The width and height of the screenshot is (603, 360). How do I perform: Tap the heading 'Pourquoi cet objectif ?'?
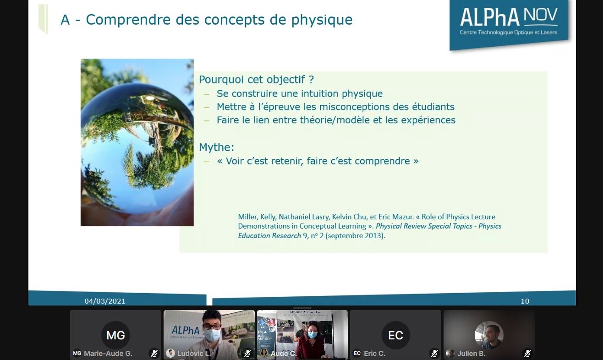(256, 79)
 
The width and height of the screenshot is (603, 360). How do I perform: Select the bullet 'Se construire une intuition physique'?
(299, 93)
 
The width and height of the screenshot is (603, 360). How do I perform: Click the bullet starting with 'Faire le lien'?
(336, 120)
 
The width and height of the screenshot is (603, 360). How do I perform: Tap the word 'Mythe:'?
(216, 147)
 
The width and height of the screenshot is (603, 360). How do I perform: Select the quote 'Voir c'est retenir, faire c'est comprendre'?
(318, 161)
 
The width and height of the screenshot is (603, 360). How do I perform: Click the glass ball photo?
(137, 142)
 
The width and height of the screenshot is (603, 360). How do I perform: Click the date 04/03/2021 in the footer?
(104, 301)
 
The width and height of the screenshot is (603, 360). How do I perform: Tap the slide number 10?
(525, 301)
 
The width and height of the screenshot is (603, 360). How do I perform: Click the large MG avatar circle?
(115, 335)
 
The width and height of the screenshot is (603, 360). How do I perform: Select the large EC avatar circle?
(395, 335)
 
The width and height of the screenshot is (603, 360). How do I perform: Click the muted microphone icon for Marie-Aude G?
(154, 353)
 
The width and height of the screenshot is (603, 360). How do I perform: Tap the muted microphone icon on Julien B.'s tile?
(527, 353)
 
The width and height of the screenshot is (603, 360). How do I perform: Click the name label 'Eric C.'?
(374, 354)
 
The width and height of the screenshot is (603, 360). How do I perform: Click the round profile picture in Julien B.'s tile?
(488, 335)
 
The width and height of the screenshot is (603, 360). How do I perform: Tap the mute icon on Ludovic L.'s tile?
(247, 353)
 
